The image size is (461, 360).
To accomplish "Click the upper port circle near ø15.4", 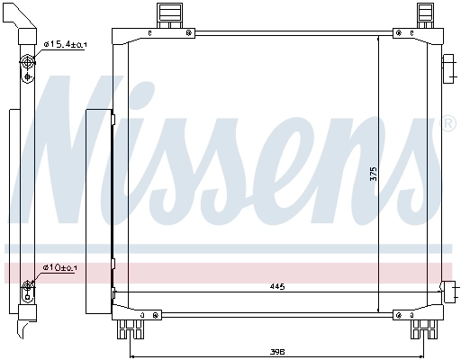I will click(27, 62).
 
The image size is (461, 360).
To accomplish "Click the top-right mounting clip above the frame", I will click(425, 13).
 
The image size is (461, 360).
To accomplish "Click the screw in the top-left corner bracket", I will click(189, 34).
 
